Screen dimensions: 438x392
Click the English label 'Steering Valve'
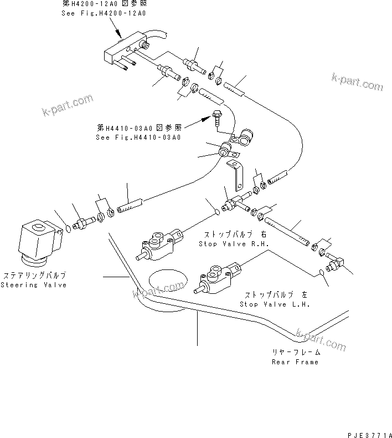click(x=33, y=285)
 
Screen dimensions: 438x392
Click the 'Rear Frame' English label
click(x=295, y=362)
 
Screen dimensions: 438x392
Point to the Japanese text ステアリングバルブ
click(x=34, y=276)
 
